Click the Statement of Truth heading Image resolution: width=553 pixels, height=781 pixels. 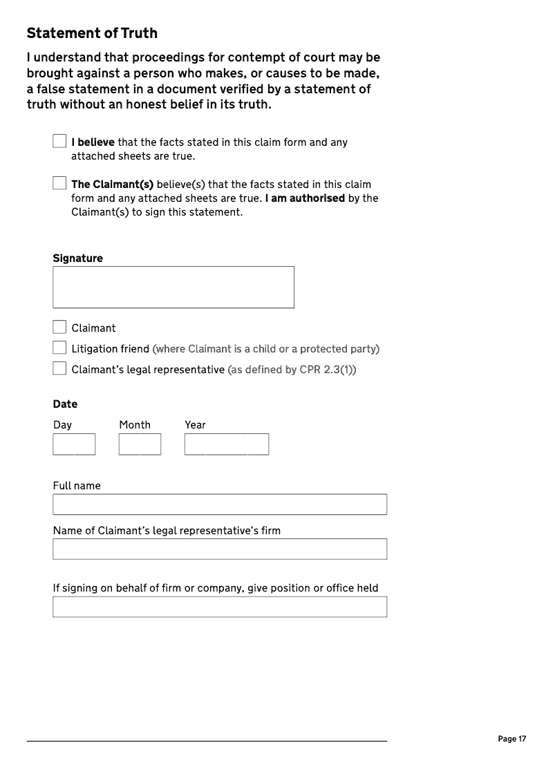[92, 33]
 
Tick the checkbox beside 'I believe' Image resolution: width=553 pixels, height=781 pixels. [59, 141]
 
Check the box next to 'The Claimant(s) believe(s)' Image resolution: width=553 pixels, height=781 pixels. [59, 183]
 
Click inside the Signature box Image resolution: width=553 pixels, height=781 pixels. [173, 287]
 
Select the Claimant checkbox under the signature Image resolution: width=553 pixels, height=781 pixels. [59, 327]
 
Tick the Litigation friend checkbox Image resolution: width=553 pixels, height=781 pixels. [59, 348]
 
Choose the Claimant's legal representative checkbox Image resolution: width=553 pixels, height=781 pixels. [59, 368]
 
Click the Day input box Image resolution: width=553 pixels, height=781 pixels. [74, 444]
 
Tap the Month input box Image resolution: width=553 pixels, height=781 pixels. [140, 444]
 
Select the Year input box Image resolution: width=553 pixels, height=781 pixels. [226, 444]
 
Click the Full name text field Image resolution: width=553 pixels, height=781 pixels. [220, 504]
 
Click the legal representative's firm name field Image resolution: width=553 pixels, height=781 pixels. [220, 549]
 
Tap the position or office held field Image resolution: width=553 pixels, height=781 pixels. [220, 607]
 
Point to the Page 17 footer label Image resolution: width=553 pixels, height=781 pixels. [512, 739]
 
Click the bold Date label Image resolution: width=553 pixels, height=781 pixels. [65, 404]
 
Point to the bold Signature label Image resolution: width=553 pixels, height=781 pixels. [77, 258]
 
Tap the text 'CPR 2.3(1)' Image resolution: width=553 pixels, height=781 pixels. [325, 369]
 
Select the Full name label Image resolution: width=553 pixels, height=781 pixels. [77, 485]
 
